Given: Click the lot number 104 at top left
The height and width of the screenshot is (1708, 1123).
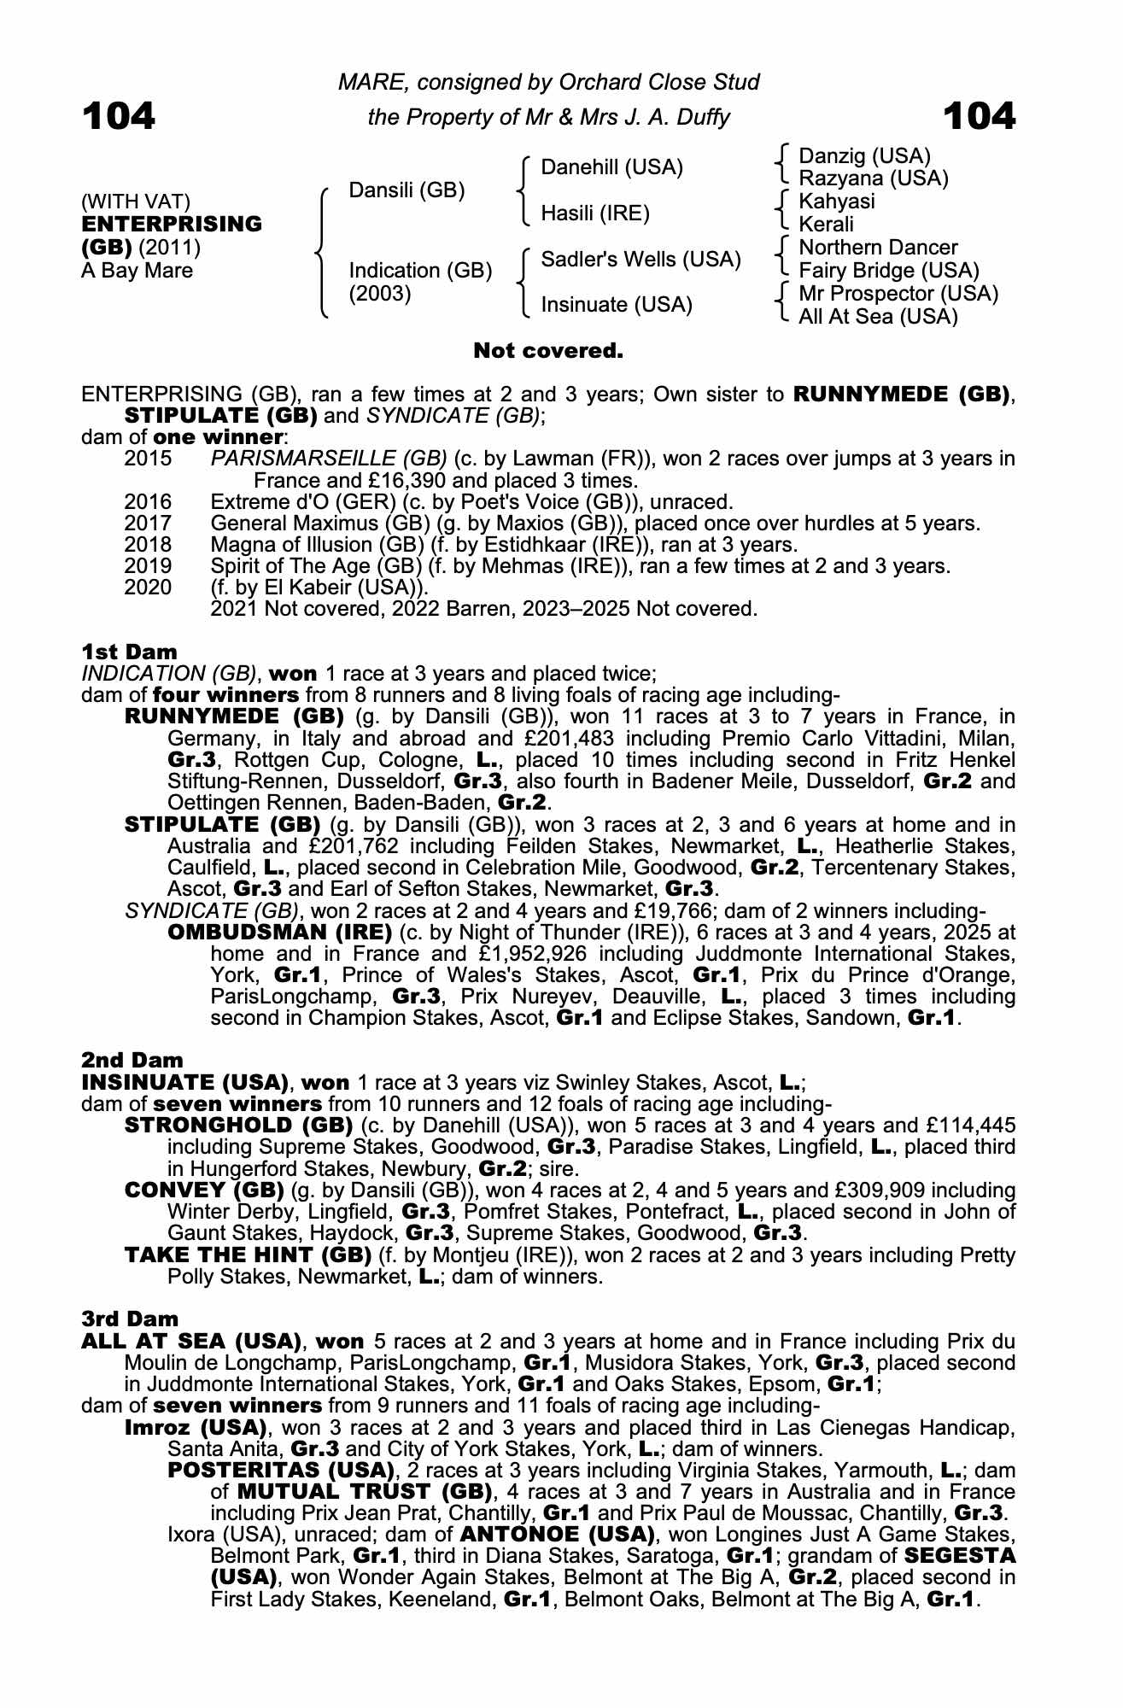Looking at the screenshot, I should click(x=119, y=116).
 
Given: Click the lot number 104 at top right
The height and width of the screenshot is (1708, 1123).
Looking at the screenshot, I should click(x=980, y=116).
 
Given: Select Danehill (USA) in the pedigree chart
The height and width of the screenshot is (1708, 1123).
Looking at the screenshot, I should click(x=612, y=167).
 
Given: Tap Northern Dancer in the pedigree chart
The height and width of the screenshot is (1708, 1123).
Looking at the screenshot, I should click(x=878, y=248).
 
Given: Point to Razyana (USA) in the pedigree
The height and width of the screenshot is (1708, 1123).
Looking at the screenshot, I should click(x=873, y=178).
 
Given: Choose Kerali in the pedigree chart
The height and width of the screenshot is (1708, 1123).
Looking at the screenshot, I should click(x=826, y=225).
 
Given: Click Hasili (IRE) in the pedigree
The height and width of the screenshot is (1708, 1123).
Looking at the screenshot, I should click(x=595, y=213).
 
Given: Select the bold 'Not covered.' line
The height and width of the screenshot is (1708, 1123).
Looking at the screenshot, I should click(x=548, y=351).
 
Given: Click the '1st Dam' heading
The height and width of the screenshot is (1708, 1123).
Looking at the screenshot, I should click(x=129, y=653).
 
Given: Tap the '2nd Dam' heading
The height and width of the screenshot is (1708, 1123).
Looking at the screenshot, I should click(x=132, y=1061).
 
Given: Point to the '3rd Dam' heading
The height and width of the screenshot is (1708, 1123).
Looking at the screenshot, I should click(x=130, y=1319).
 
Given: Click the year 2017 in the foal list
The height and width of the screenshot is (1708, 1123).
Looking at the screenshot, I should click(x=148, y=524).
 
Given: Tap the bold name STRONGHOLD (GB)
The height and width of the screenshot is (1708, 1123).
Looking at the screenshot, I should click(x=239, y=1126).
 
